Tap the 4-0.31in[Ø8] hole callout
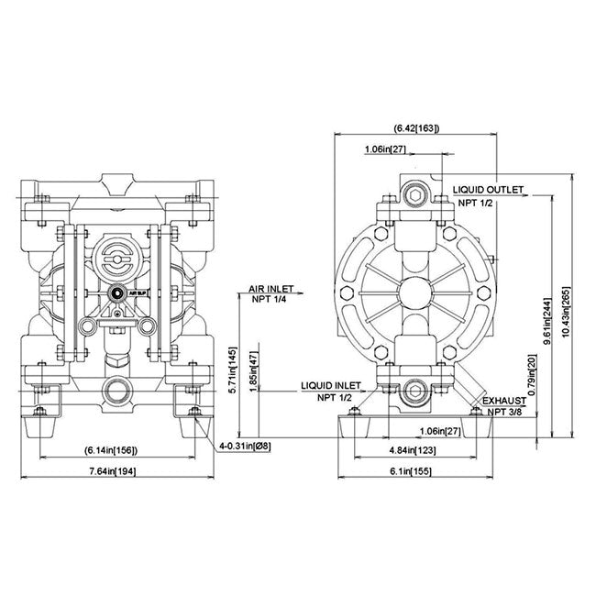(245, 447)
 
